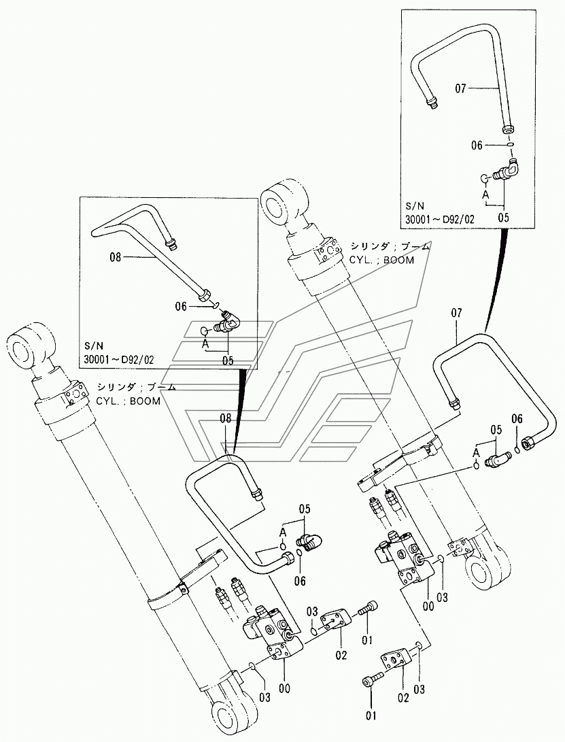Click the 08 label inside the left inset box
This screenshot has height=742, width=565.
[116, 258]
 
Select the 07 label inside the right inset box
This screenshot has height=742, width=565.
[460, 88]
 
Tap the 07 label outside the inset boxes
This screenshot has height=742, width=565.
[457, 313]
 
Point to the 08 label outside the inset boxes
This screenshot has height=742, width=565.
[226, 418]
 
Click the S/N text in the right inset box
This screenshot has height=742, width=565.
[415, 206]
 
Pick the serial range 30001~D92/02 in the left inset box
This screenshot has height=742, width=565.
[119, 360]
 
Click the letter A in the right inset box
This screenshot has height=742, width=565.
[485, 194]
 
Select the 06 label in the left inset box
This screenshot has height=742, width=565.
[181, 307]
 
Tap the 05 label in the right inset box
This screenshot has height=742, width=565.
[504, 217]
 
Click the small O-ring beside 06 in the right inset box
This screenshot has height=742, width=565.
[509, 144]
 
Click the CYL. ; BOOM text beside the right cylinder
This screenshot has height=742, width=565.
[381, 260]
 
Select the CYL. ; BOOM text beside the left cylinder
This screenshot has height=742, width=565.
[128, 401]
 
